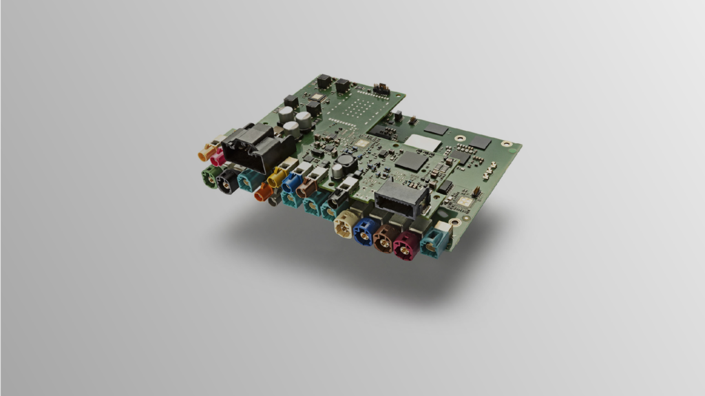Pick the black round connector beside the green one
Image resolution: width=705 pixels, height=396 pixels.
pyautogui.click(x=227, y=180)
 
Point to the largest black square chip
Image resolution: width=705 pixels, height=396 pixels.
pyautogui.click(x=410, y=161)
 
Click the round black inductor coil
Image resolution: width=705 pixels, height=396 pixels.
pyautogui.click(x=346, y=163)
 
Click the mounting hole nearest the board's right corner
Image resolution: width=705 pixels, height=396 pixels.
pyautogui.click(x=507, y=144)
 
